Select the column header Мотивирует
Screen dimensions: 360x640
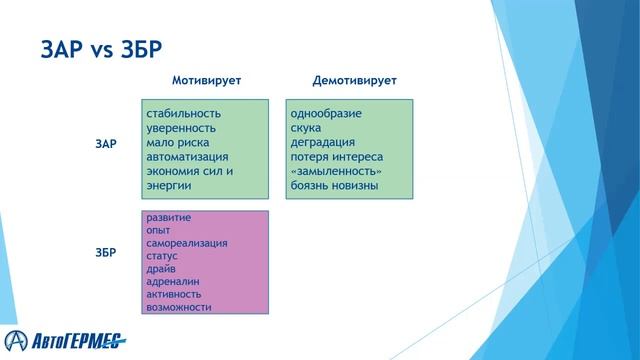click(206, 79)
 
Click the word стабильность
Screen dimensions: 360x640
click(183, 113)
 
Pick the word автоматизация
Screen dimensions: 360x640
click(187, 157)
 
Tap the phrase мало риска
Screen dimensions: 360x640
click(177, 143)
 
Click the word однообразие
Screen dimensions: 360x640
click(326, 113)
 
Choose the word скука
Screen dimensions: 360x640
click(306, 128)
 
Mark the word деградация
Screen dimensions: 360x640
click(322, 143)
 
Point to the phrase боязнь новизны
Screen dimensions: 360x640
click(334, 187)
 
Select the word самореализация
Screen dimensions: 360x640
click(187, 243)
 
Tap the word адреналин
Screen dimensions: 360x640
click(172, 282)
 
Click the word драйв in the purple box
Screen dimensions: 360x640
click(161, 269)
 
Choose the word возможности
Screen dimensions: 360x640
click(178, 307)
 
